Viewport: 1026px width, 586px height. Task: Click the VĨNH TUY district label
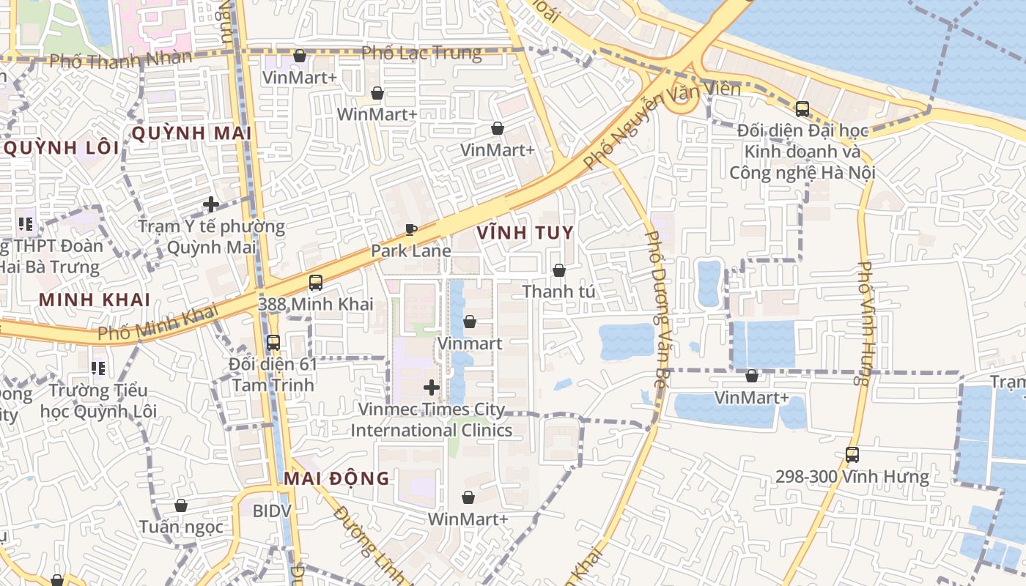coord(525,233)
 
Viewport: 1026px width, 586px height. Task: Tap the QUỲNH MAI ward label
coord(191,133)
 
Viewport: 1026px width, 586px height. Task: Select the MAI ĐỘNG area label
coord(336,478)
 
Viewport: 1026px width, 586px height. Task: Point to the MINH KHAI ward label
coord(95,300)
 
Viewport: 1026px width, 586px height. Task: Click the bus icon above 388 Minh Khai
coord(316,282)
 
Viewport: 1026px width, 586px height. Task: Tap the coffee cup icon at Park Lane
coord(411,230)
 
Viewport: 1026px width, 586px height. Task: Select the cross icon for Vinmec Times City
coord(432,387)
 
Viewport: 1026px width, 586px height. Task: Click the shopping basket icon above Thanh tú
coord(558,270)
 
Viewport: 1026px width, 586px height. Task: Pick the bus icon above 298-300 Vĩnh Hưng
coord(852,454)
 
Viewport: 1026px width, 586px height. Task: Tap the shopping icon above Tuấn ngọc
coord(181,505)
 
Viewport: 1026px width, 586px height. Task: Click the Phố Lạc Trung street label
coord(422,53)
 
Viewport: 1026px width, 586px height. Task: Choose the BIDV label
coord(272,511)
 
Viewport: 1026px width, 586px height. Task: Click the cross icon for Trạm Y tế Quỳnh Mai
coord(211,204)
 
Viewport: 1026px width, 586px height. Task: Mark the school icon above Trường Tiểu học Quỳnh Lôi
coord(97,368)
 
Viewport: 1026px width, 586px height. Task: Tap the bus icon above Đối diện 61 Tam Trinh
coord(273,342)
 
